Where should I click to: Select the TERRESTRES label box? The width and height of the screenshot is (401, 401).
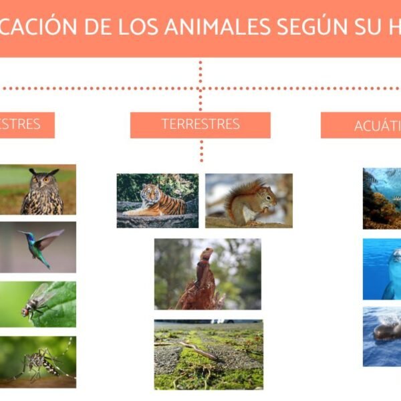coord(200,124)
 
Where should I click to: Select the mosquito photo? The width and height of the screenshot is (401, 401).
coord(38,362)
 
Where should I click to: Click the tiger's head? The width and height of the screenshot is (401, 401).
coord(148,193)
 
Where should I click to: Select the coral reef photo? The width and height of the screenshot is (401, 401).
coord(382,198)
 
